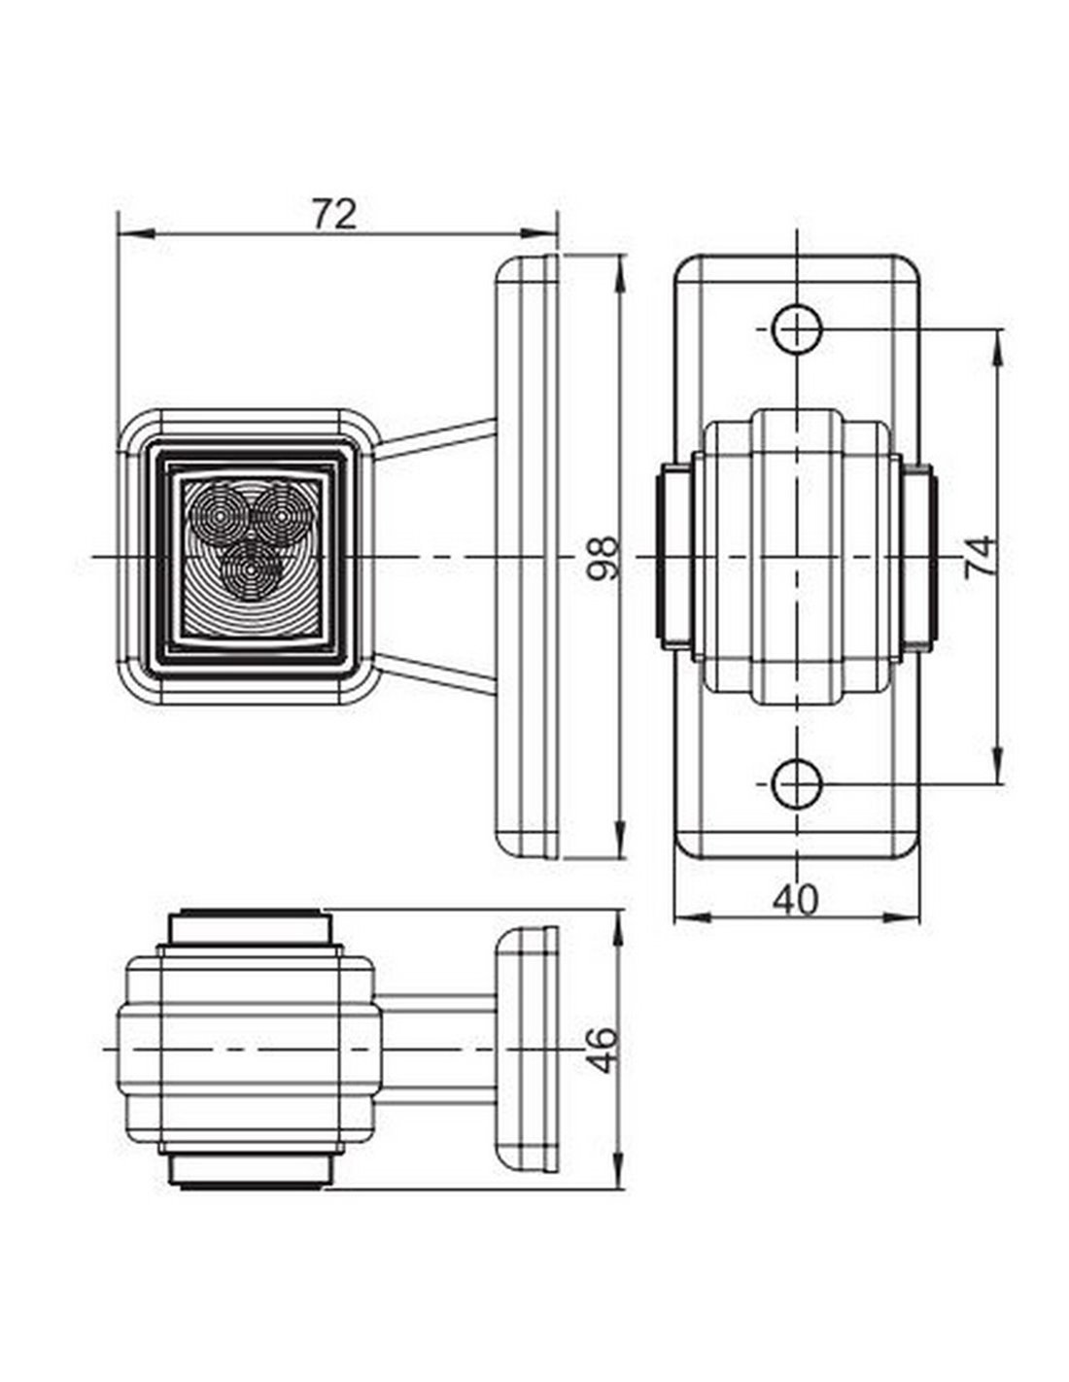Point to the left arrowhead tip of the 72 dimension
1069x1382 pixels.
[119, 233]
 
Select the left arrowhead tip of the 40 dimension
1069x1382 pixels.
[674, 917]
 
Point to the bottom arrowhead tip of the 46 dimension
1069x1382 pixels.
[617, 1188]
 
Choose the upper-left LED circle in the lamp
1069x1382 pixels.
[220, 515]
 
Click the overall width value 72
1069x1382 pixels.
[334, 214]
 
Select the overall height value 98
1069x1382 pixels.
[602, 558]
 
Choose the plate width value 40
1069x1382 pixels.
[796, 900]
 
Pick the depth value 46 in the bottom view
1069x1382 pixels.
[601, 1050]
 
